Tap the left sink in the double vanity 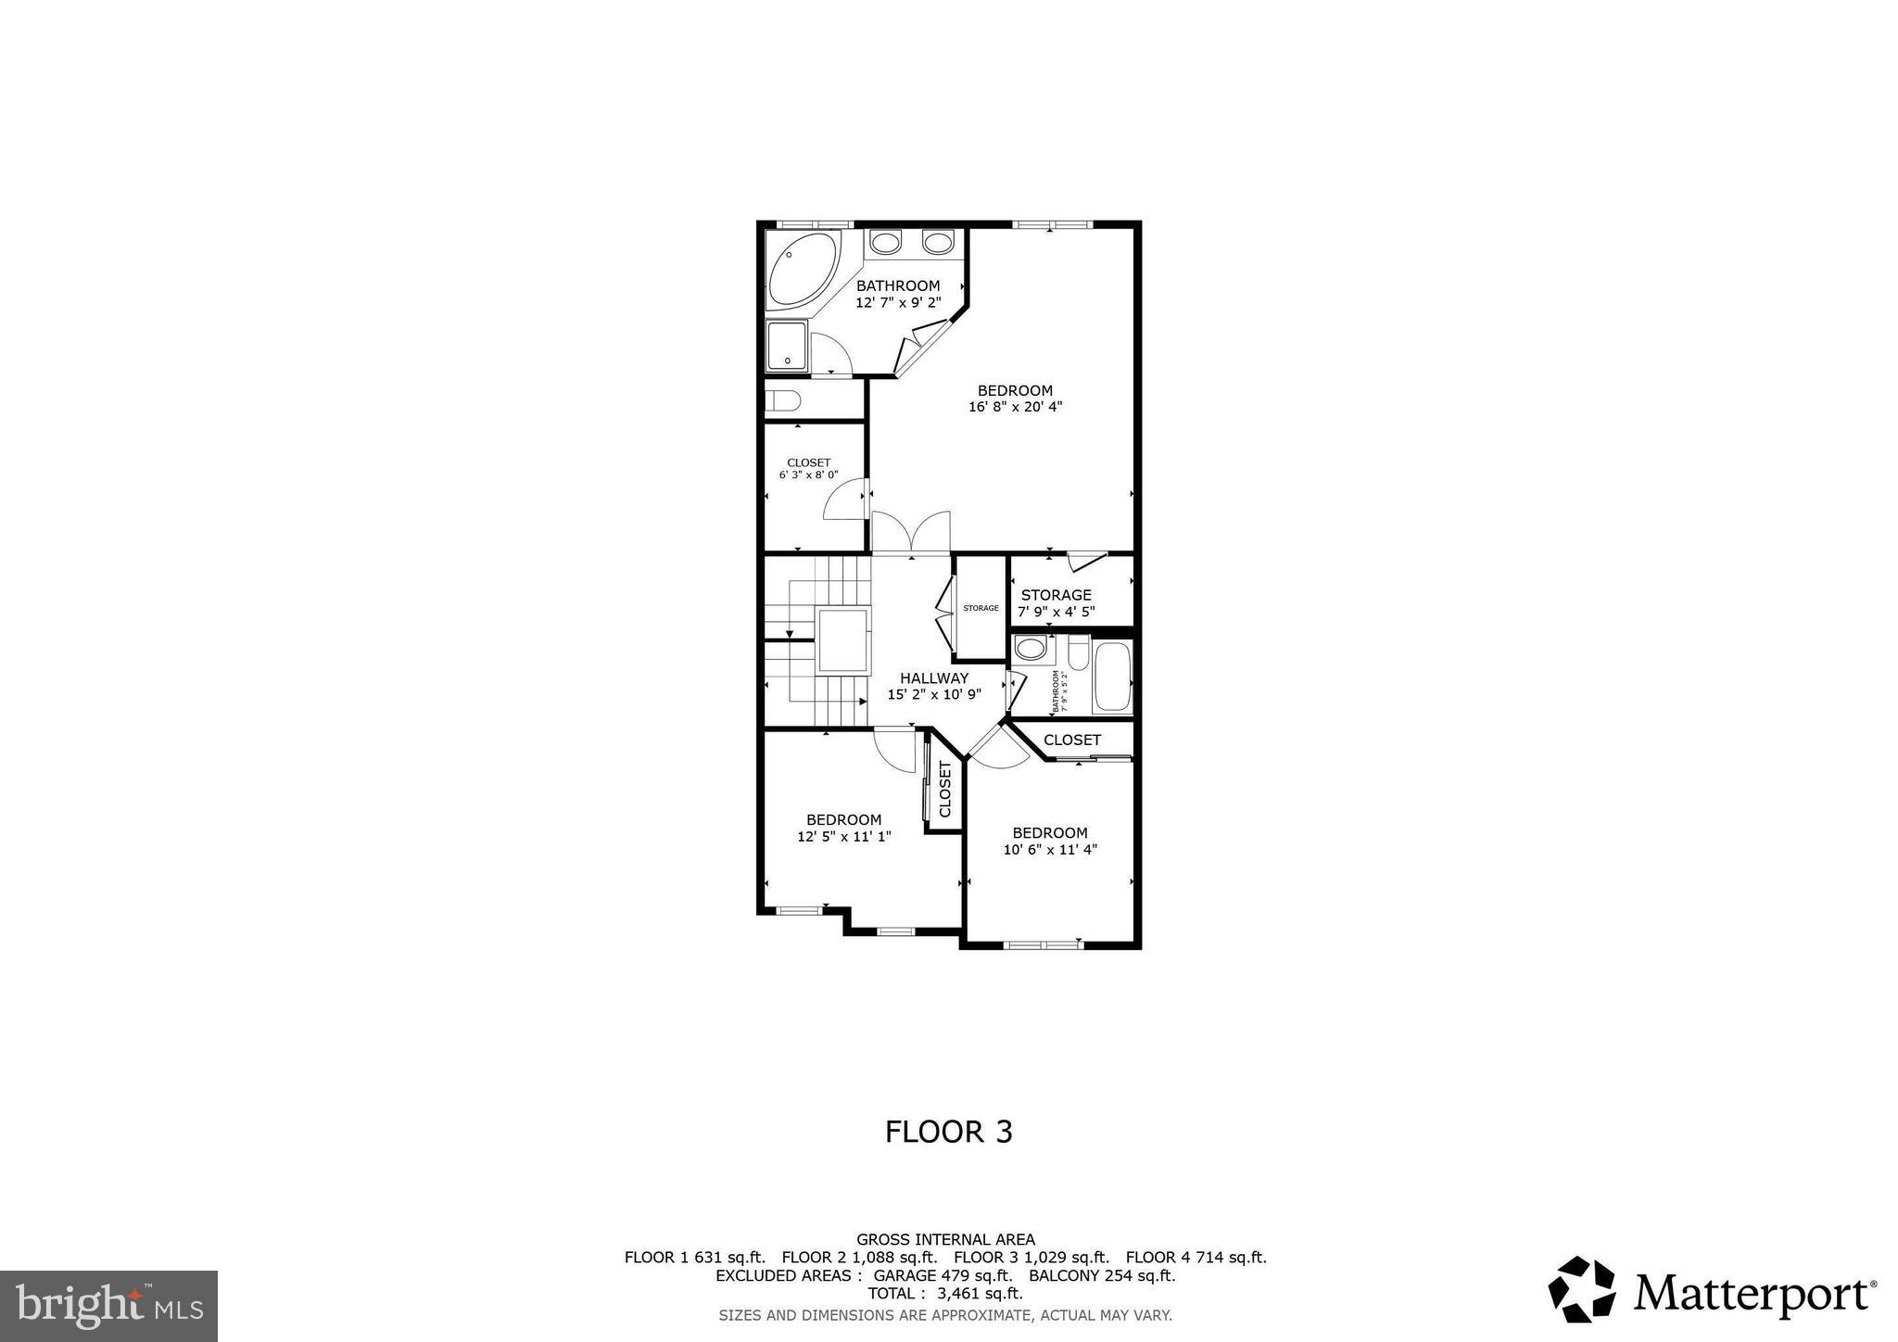(887, 243)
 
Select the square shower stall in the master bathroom (787, 347)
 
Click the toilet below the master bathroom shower (783, 401)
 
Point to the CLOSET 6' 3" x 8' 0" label (808, 468)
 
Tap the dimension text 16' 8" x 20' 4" (1015, 406)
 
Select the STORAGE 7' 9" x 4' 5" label (1056, 602)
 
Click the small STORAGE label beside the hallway (981, 608)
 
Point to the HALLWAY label (933, 677)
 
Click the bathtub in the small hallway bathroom (1112, 677)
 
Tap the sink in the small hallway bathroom (1030, 648)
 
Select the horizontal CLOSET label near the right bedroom (1071, 740)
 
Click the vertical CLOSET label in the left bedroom (945, 789)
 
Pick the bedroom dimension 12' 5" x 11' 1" (843, 836)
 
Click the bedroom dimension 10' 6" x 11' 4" (1049, 849)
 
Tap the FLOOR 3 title (948, 1132)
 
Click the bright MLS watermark (108, 1306)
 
